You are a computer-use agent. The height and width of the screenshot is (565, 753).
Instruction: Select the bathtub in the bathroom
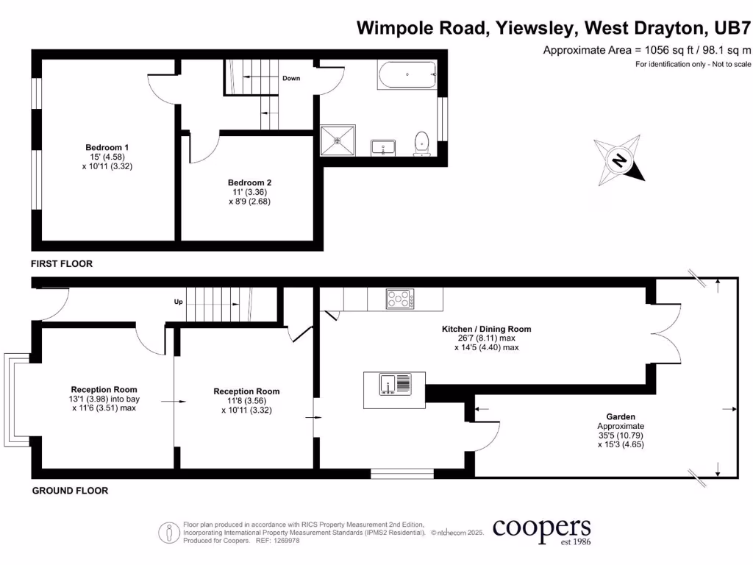(407, 74)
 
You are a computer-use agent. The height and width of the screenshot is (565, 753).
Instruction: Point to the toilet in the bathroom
(422, 143)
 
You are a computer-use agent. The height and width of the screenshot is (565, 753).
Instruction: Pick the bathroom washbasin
(383, 146)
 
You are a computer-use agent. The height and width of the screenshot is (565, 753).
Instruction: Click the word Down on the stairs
(291, 78)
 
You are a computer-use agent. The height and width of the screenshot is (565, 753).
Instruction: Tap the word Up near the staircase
(178, 302)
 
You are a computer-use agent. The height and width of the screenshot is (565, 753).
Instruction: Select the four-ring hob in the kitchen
(400, 299)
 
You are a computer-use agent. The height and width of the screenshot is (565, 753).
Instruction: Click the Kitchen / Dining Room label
(486, 329)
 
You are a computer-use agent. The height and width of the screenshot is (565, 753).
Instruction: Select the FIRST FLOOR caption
(62, 263)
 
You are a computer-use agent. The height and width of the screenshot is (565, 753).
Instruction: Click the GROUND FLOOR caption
(70, 491)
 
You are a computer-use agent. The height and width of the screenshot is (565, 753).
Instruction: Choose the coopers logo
(541, 530)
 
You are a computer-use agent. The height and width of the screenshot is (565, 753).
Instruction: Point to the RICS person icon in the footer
(170, 532)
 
